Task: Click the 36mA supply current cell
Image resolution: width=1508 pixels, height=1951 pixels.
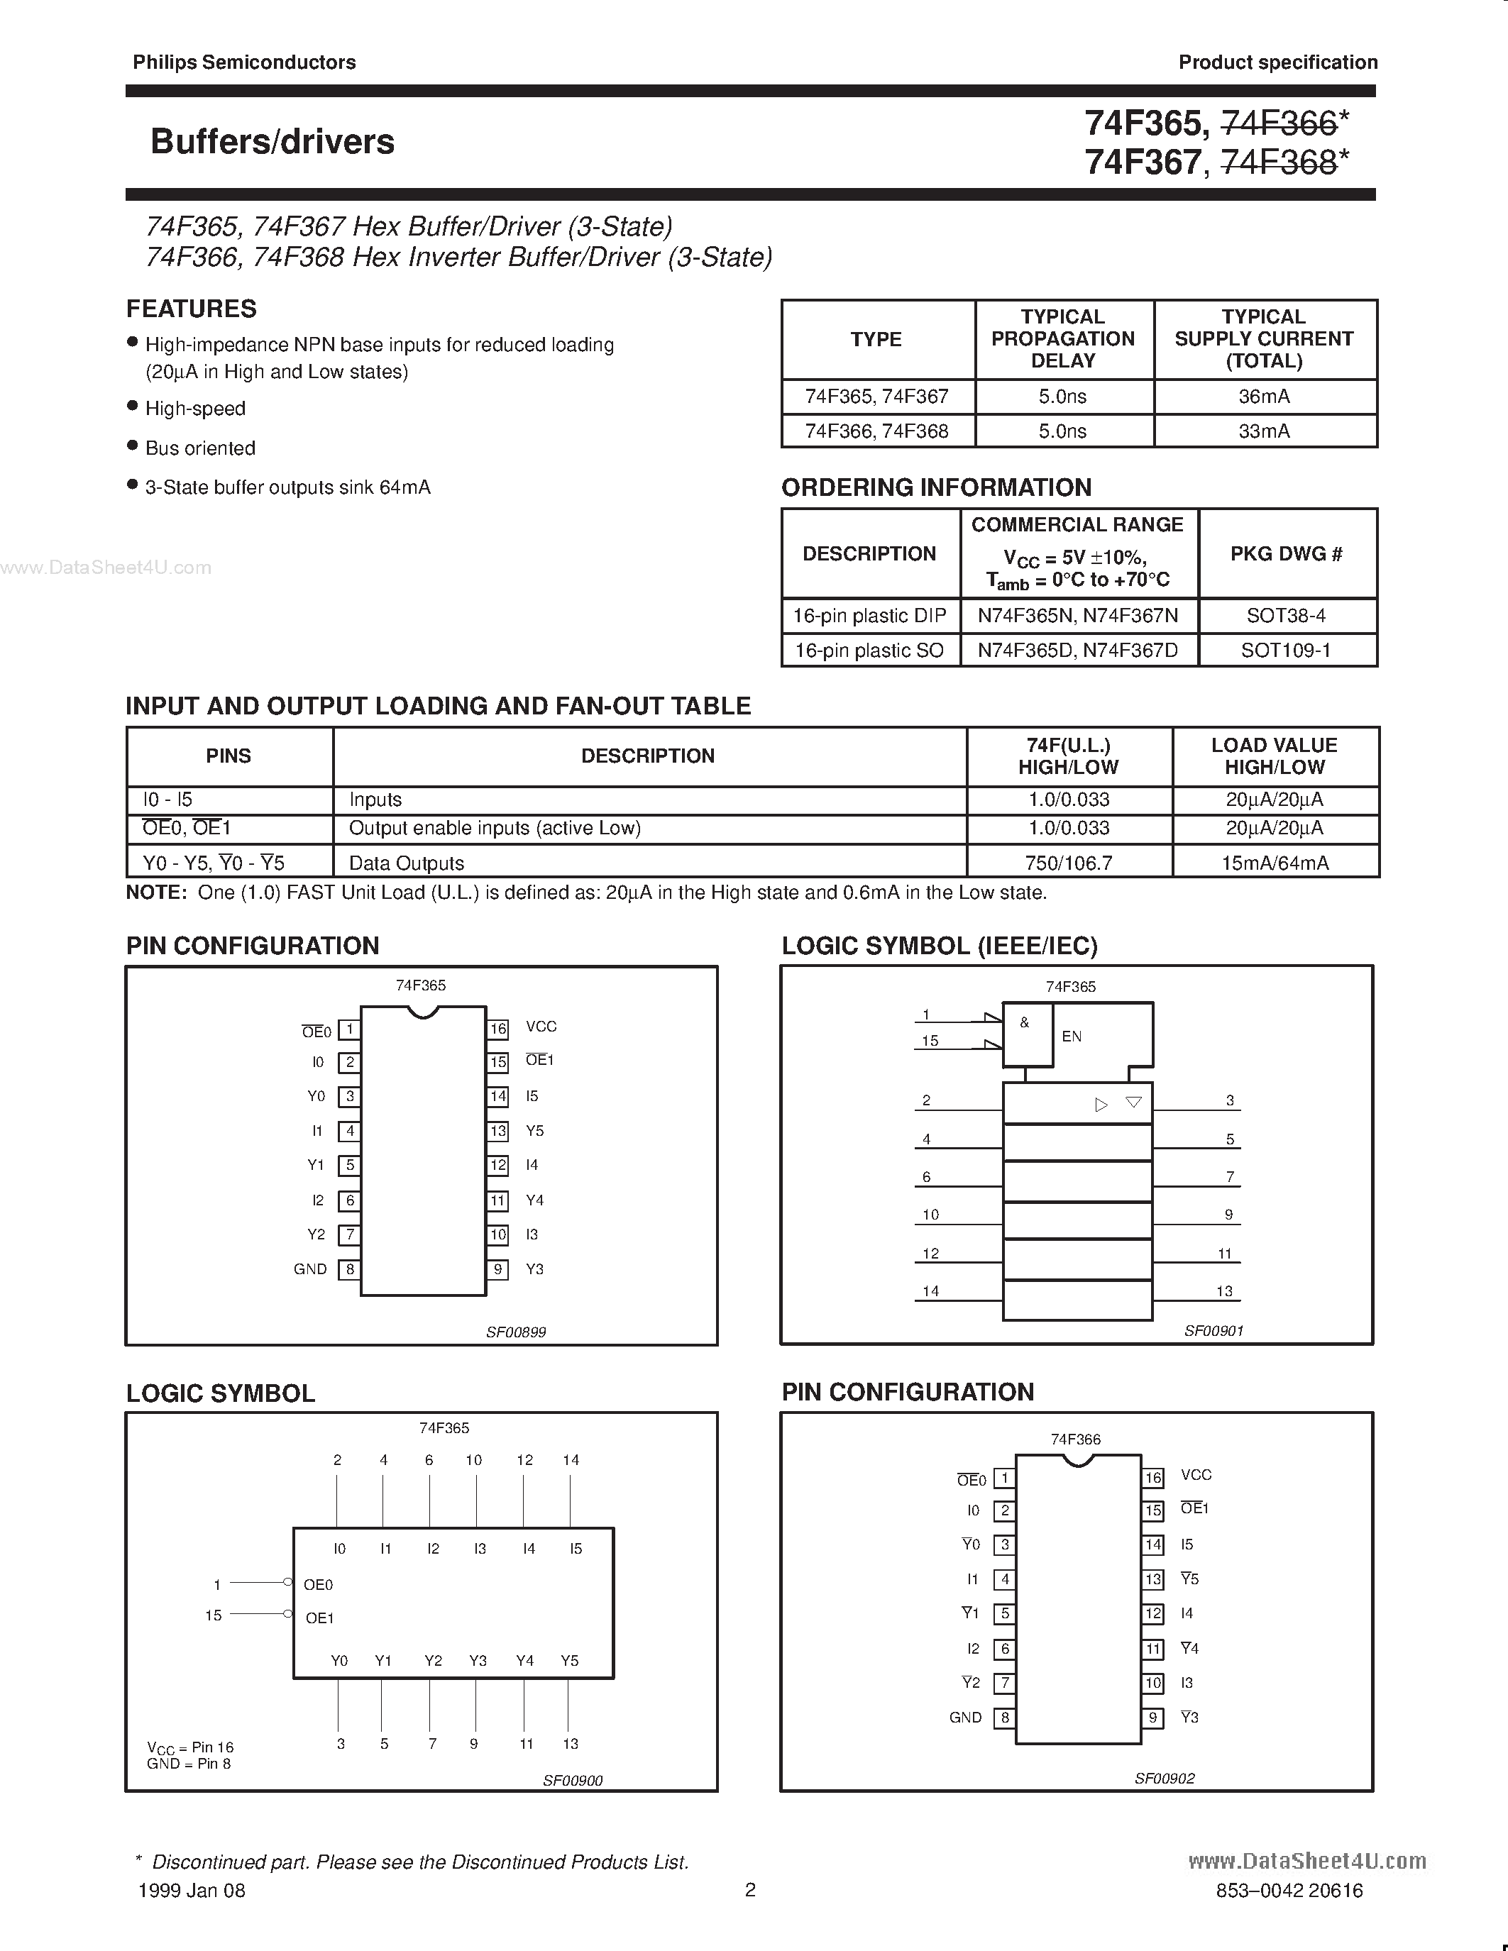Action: pos(1264,396)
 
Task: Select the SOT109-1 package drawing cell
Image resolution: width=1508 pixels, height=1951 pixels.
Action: pos(1286,651)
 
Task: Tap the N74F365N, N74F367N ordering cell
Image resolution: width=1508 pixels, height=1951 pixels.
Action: pos(1077,616)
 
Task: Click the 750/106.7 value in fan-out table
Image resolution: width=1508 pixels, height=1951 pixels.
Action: pos(1069,863)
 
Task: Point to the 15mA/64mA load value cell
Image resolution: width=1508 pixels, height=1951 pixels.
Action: pos(1274,863)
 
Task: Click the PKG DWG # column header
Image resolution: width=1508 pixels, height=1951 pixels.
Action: pos(1286,554)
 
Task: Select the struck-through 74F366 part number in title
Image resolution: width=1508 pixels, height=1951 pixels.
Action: pos(1279,123)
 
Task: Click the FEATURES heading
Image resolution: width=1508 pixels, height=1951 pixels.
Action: pos(191,309)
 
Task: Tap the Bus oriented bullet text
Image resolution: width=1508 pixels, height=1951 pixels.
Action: pos(200,448)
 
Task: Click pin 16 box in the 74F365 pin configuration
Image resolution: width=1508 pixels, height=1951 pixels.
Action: pos(498,1028)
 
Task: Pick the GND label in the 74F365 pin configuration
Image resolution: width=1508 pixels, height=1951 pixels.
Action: pos(310,1269)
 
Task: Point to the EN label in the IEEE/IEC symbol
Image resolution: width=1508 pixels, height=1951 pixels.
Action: pos(1071,1037)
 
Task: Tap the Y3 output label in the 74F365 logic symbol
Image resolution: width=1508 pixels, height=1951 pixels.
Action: pos(478,1661)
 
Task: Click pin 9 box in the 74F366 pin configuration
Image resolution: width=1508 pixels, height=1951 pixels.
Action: pos(1153,1717)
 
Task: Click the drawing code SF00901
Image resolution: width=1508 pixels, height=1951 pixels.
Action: pos(1213,1330)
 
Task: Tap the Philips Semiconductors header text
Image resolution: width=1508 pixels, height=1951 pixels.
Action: pos(244,62)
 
